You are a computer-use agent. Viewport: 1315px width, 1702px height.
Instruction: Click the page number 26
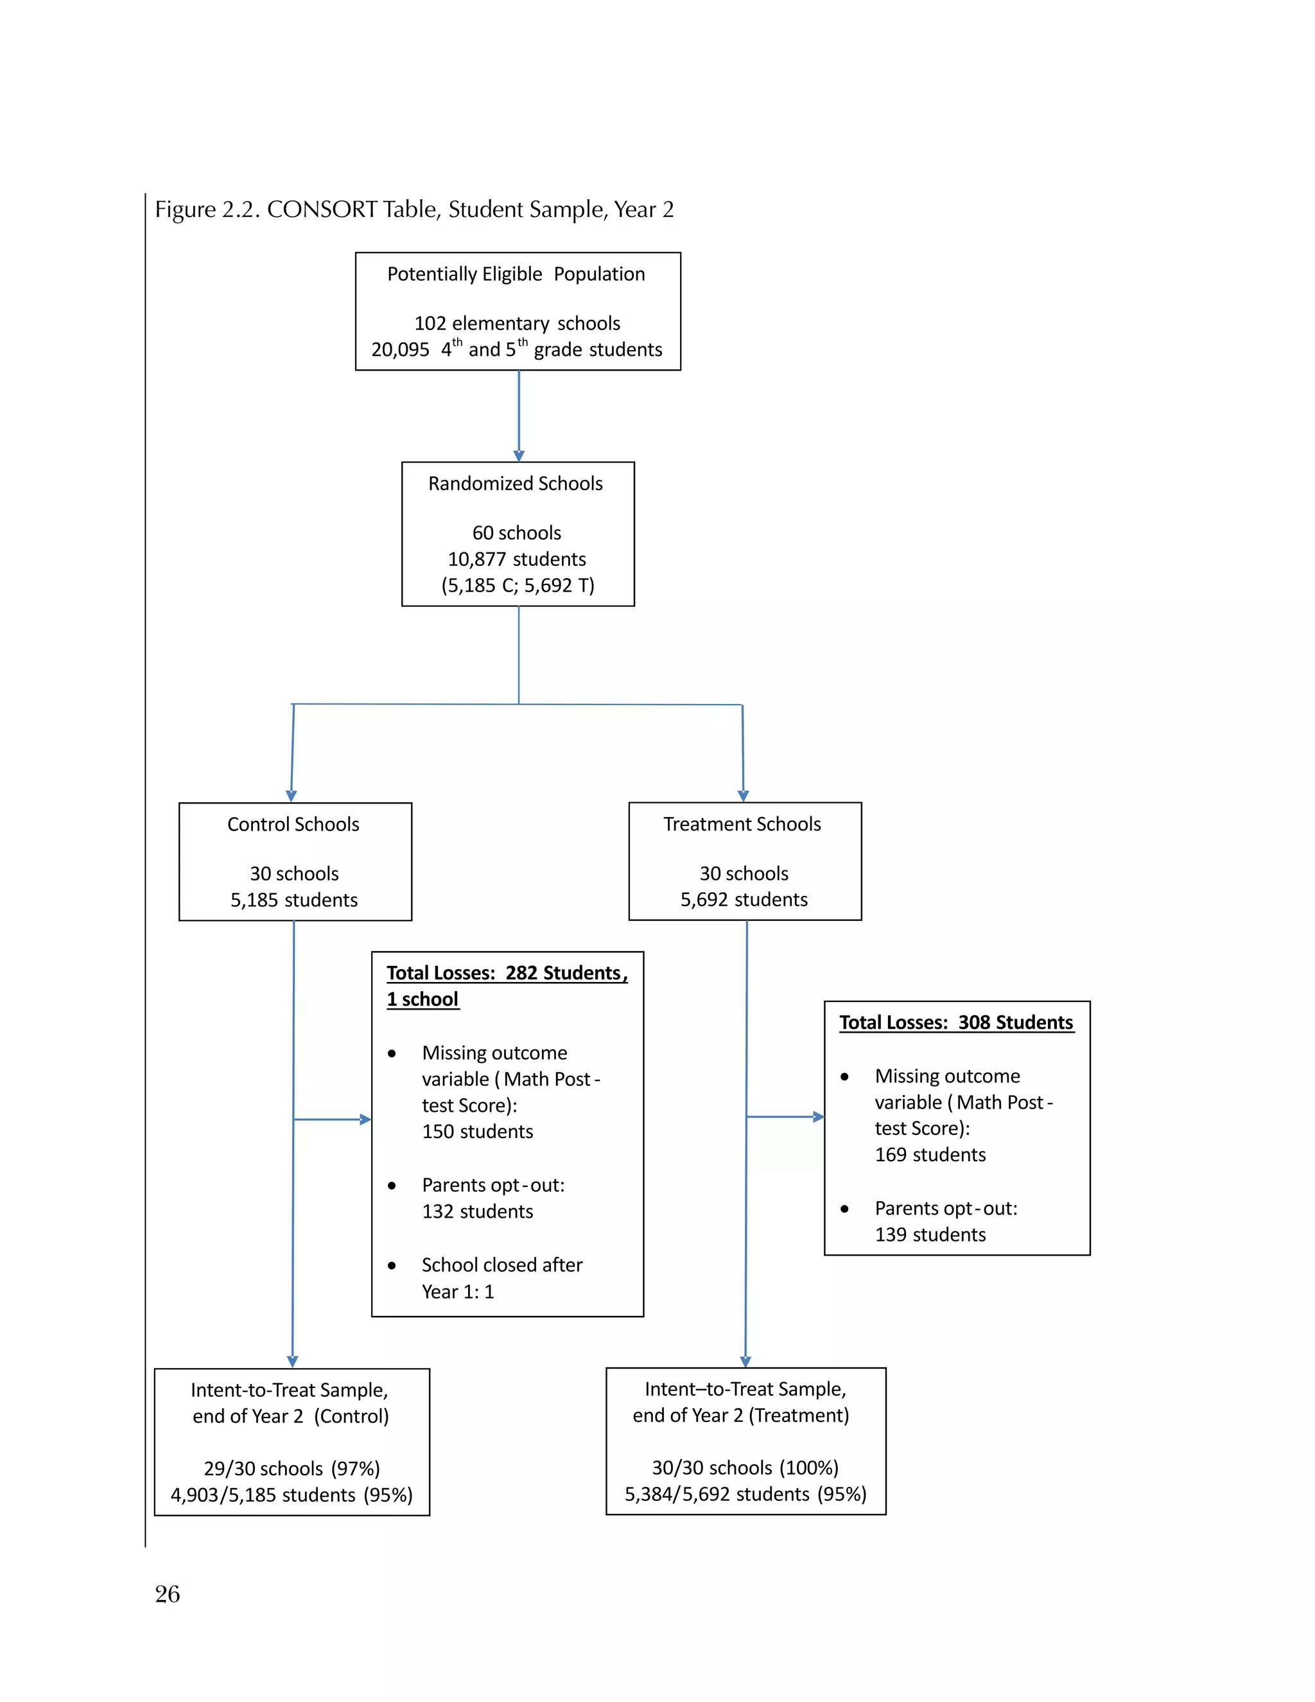168,1593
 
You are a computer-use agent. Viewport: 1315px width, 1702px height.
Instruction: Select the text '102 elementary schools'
518,324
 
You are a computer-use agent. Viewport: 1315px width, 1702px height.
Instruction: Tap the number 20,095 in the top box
399,350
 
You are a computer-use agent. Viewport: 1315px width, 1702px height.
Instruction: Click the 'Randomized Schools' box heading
516,484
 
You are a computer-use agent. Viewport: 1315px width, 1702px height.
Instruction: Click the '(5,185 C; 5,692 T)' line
518,585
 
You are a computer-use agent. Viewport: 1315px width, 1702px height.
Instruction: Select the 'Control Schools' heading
293,825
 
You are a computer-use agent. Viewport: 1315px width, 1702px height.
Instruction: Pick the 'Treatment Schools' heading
742,825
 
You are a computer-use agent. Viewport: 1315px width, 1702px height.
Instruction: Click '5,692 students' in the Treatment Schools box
744,900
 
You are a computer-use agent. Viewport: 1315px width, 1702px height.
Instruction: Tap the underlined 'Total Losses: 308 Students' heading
956,1022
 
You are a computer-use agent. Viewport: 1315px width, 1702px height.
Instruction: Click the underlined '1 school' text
423,1000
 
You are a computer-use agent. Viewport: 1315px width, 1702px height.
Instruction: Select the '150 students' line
478,1132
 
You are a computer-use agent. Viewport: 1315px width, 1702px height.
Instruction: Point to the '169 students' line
930,1155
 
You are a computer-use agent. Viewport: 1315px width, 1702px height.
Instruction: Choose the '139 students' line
930,1234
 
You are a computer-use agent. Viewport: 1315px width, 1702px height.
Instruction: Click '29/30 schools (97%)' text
292,1469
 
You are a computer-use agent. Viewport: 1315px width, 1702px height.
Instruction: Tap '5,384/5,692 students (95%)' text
745,1494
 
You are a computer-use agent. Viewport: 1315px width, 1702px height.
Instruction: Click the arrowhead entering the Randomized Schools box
519,456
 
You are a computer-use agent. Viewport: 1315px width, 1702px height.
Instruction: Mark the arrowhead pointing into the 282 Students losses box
365,1120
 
